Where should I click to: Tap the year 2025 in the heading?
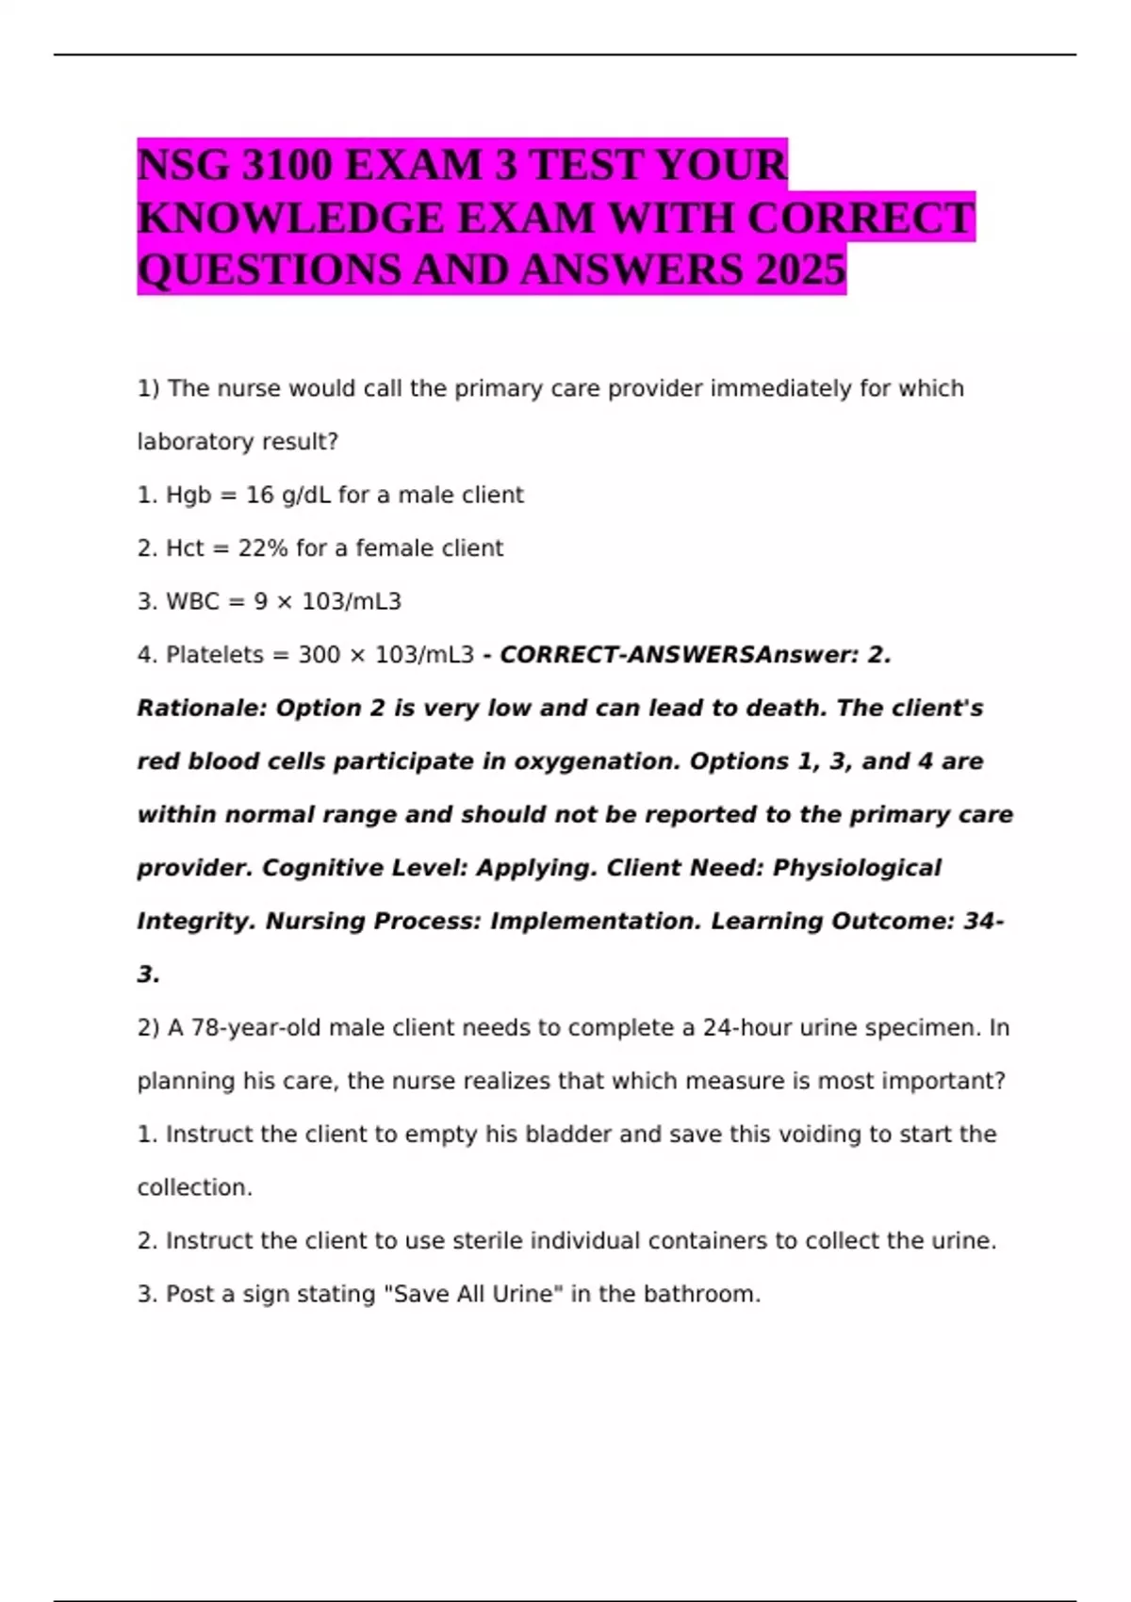(x=800, y=270)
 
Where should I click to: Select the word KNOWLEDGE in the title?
(x=289, y=219)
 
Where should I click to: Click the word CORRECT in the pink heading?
(x=861, y=219)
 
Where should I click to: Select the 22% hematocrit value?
(x=262, y=548)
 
